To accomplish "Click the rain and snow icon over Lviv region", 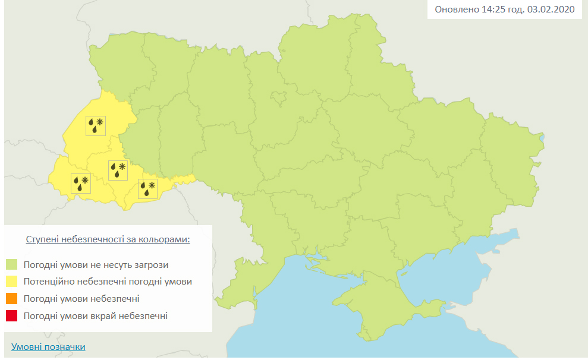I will tap(96, 125).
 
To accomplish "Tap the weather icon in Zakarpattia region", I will tap(81, 182).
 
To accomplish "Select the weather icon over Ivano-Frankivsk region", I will tap(118, 170).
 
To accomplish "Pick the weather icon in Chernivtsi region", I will tap(148, 189).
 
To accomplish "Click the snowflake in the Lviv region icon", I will tap(100, 122).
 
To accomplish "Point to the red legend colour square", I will tap(12, 316).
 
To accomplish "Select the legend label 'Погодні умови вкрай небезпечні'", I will tap(96, 316).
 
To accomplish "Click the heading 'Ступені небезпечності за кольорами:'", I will tap(108, 239).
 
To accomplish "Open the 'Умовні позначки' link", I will tap(48, 347).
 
